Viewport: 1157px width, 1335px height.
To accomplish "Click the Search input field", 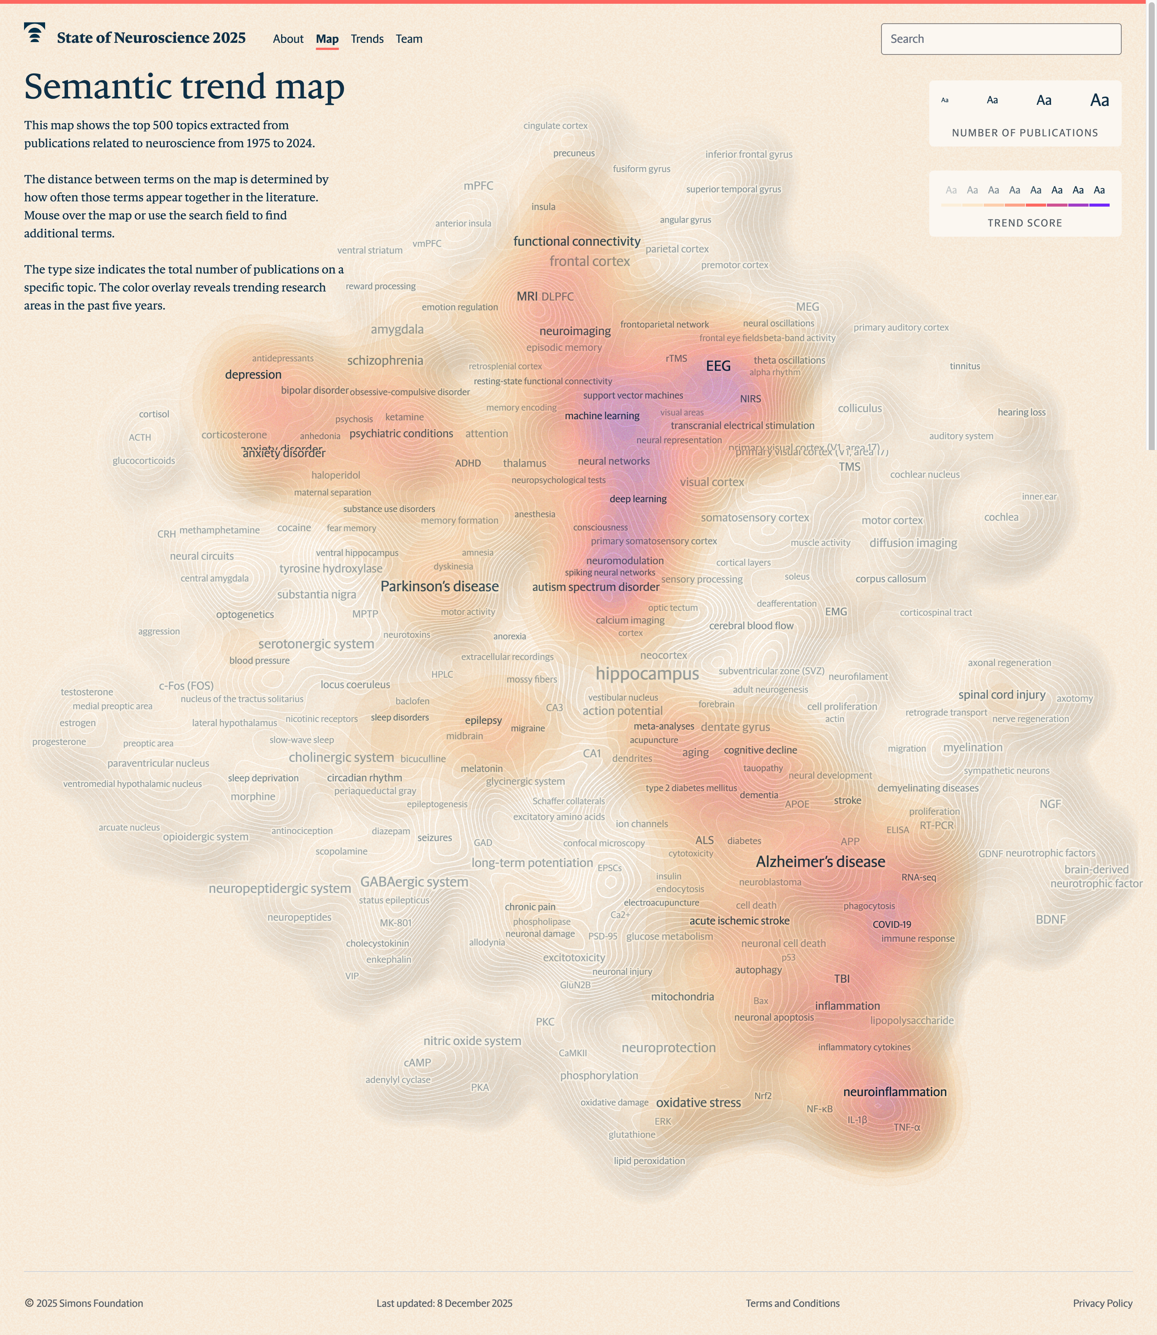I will click(1000, 39).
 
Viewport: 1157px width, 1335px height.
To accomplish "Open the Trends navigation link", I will click(367, 39).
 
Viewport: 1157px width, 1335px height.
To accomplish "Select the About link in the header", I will click(288, 39).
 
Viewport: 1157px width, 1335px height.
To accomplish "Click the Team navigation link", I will click(409, 39).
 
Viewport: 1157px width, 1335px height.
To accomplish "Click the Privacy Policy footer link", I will click(1102, 1303).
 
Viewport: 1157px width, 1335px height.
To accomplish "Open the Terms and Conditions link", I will click(792, 1303).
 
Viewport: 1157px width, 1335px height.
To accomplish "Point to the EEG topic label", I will click(718, 366).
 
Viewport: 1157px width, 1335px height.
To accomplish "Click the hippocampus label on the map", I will click(647, 674).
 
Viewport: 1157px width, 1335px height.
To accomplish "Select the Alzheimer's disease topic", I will click(820, 861).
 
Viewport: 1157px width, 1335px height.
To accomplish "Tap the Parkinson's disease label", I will click(439, 586).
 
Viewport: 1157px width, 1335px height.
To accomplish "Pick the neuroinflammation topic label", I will click(894, 1092).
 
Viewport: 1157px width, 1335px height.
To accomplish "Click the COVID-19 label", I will click(892, 924).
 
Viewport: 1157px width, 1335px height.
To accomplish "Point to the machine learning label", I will click(602, 415).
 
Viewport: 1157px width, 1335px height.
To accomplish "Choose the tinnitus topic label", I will click(965, 366).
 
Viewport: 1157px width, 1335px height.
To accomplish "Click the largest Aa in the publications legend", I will click(1099, 100).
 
